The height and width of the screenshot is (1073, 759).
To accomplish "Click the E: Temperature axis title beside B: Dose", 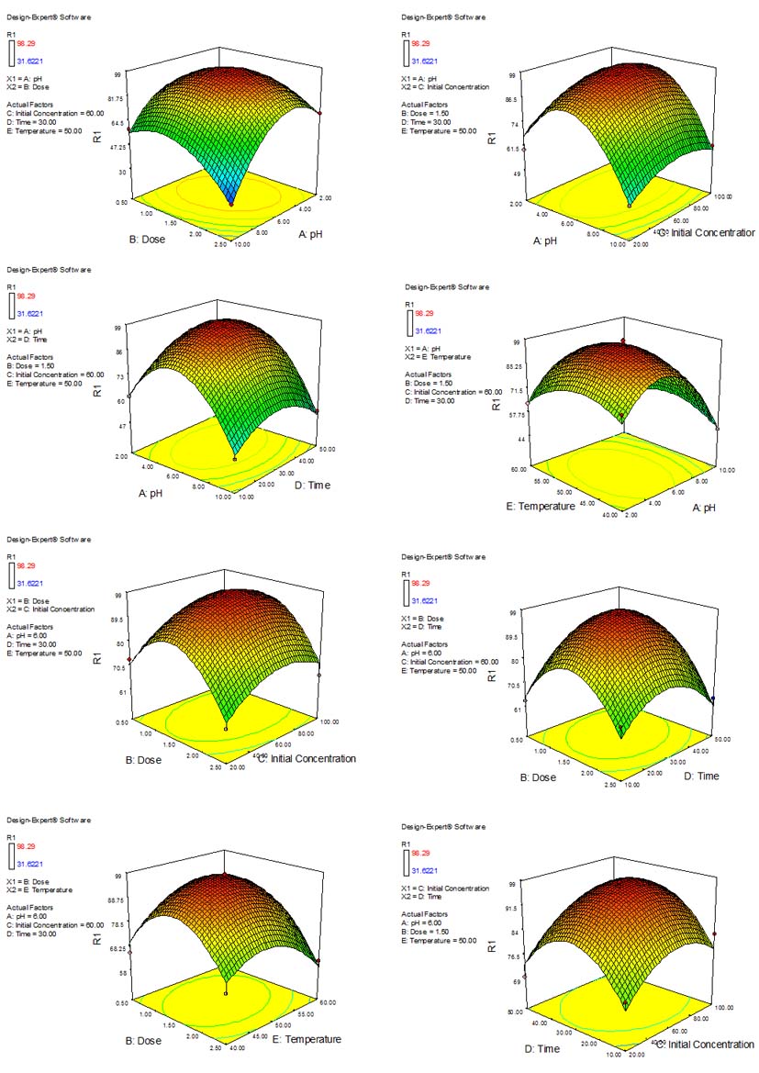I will (306, 1039).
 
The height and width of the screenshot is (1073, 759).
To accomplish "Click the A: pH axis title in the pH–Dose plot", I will (316, 235).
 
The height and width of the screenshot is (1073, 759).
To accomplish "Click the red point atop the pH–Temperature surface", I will (623, 341).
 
